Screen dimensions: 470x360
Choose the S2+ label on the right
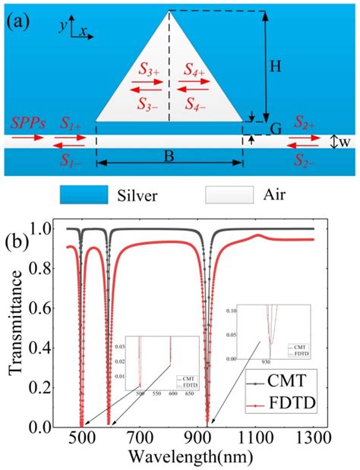(304, 123)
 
